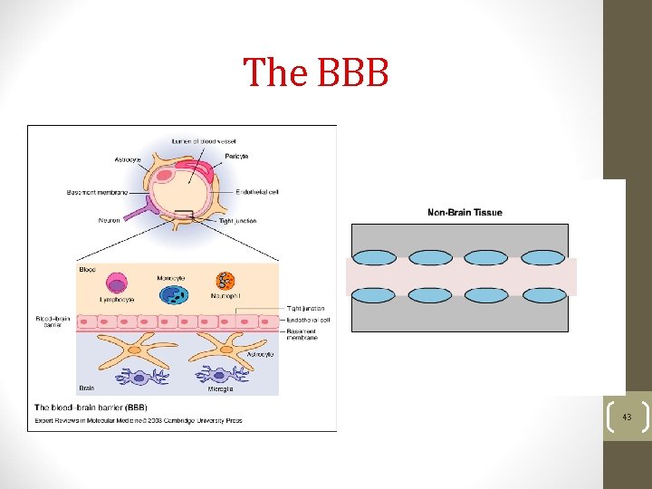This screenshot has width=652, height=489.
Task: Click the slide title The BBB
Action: [316, 72]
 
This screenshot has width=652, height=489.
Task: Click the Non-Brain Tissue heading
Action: [465, 213]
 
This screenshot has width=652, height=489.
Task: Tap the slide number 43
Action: [627, 417]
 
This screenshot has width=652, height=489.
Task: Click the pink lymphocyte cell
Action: [118, 283]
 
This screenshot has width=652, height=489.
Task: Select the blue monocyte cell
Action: [173, 294]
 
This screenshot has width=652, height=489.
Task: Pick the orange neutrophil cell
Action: [225, 282]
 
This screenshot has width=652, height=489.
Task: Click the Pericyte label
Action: [236, 157]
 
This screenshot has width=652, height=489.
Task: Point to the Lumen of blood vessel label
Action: [206, 140]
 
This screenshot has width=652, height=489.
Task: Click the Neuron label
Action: [109, 220]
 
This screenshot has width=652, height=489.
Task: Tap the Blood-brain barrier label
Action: [49, 323]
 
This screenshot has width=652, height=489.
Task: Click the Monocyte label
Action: [171, 277]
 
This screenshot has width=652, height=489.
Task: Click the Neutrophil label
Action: [226, 297]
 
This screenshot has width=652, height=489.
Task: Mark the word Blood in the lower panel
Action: [87, 269]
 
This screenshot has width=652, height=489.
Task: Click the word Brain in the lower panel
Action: [86, 388]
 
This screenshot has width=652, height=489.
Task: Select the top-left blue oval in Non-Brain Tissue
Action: [374, 258]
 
